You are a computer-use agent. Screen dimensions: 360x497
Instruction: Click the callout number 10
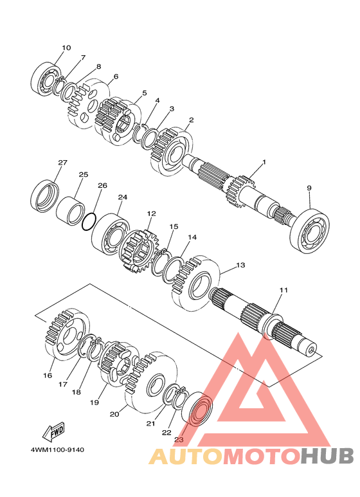coord(66,48)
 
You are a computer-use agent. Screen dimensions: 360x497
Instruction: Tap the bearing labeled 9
coord(310,231)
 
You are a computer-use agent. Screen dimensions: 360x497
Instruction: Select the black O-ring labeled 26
coord(89,221)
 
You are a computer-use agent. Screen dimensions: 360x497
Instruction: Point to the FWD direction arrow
coord(54,432)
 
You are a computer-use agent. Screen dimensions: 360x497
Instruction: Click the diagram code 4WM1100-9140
coord(57,449)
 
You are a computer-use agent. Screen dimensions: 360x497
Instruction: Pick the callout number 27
coord(63,163)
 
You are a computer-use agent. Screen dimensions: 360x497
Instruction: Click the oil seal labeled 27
coord(46,196)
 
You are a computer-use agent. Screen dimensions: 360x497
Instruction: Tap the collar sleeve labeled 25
coord(71,211)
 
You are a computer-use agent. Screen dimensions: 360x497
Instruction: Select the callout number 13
coord(241,265)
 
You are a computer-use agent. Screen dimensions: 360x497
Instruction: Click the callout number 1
coord(264,162)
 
